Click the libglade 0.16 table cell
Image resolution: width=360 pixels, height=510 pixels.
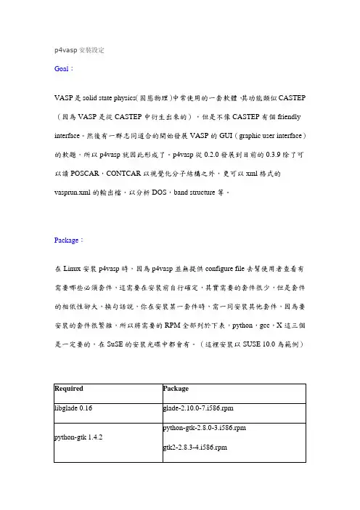76,409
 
